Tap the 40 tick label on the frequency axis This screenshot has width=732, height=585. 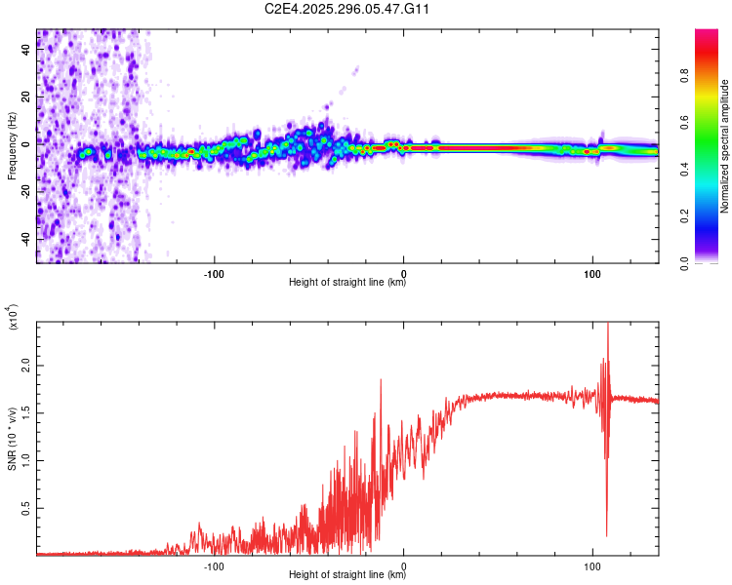26,52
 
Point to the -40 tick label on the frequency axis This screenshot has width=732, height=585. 24,239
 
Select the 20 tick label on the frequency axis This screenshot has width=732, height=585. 26,98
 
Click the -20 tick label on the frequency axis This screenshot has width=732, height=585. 24,192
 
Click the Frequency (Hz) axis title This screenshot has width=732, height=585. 12,146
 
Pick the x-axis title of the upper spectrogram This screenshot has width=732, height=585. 347,283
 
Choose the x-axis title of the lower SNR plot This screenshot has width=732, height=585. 347,575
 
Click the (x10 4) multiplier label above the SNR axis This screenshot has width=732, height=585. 12,317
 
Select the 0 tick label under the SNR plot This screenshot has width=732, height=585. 404,565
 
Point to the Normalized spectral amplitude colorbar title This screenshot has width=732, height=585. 725,146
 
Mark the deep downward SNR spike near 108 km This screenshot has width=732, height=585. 606,531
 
